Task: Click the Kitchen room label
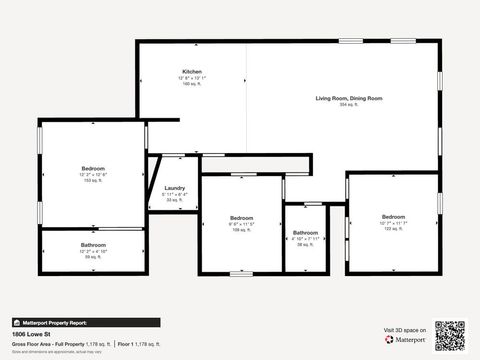pos(192,72)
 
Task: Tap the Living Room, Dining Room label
pos(349,98)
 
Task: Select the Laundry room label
pos(174,188)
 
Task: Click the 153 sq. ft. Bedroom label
pos(93,168)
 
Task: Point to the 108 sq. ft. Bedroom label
pos(241,217)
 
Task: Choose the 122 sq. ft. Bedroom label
pos(393,217)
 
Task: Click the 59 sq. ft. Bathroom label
pos(93,245)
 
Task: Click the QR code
pos(450,333)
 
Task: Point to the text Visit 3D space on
pos(405,329)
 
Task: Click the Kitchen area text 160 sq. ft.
pos(192,84)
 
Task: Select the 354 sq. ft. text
pos(349,104)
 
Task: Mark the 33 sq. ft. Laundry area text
pos(174,200)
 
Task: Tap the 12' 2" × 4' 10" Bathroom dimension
pos(93,251)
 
